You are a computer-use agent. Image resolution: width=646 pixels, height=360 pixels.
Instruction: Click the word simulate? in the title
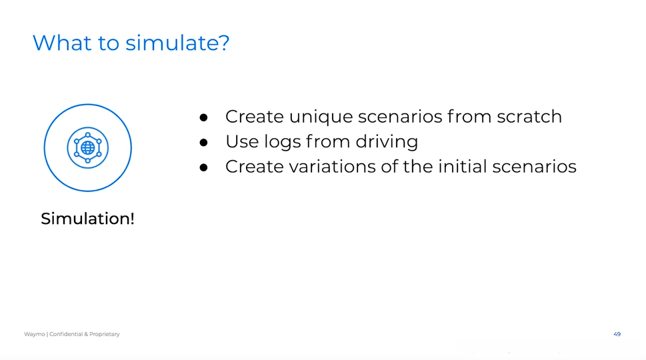point(177,43)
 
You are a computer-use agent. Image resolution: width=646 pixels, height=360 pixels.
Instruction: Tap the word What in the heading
point(62,43)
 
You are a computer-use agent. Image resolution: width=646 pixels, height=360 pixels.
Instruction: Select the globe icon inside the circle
point(88,147)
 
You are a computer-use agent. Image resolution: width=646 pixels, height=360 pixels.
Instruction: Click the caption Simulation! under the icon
point(88,218)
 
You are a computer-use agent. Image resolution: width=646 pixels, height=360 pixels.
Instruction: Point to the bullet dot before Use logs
point(203,143)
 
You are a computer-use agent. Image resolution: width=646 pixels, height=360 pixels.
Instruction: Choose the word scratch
point(529,117)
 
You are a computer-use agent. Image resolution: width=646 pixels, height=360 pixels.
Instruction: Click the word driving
point(387,142)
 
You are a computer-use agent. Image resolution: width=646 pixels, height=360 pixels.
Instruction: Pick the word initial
point(462,167)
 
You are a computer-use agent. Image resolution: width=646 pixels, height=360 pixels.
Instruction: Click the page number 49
point(617,334)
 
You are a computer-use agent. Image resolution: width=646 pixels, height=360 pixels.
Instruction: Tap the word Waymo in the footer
point(34,334)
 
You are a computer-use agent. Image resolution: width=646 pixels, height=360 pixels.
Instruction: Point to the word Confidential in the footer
point(66,334)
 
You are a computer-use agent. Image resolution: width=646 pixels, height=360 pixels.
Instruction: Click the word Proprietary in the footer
point(104,334)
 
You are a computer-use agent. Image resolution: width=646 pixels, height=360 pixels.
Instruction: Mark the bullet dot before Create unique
point(203,118)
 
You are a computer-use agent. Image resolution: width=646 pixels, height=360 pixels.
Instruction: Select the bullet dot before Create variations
point(203,167)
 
